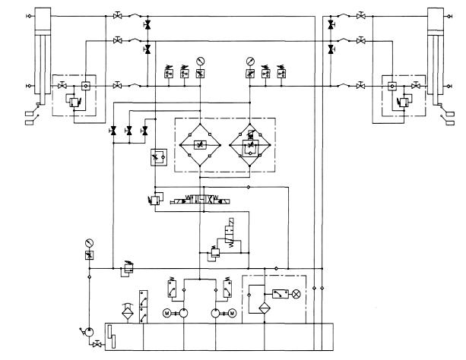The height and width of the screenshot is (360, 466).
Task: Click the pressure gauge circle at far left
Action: [89, 243]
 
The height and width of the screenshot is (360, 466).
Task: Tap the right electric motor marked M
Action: [233, 313]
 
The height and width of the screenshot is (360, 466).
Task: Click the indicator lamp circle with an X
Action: [297, 292]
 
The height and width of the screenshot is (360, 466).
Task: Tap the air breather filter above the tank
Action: [128, 311]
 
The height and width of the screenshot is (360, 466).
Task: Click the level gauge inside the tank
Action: [110, 334]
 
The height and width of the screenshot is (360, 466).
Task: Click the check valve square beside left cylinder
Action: [85, 85]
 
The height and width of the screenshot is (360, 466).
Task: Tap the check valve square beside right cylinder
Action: [392, 85]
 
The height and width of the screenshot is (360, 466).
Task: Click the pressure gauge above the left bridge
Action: [200, 60]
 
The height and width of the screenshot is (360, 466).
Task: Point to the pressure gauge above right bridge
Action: [249, 60]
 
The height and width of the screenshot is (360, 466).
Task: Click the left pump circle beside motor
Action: [182, 313]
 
